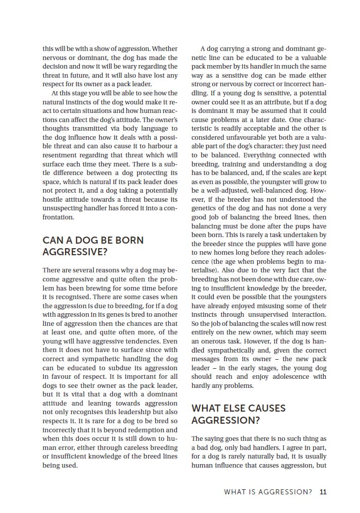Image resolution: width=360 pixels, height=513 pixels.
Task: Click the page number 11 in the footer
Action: [x=323, y=492]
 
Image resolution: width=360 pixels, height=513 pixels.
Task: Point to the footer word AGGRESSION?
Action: [x=286, y=492]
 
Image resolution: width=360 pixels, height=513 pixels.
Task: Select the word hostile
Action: [x=53, y=199]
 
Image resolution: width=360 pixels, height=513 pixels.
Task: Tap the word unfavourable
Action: [x=235, y=137]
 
